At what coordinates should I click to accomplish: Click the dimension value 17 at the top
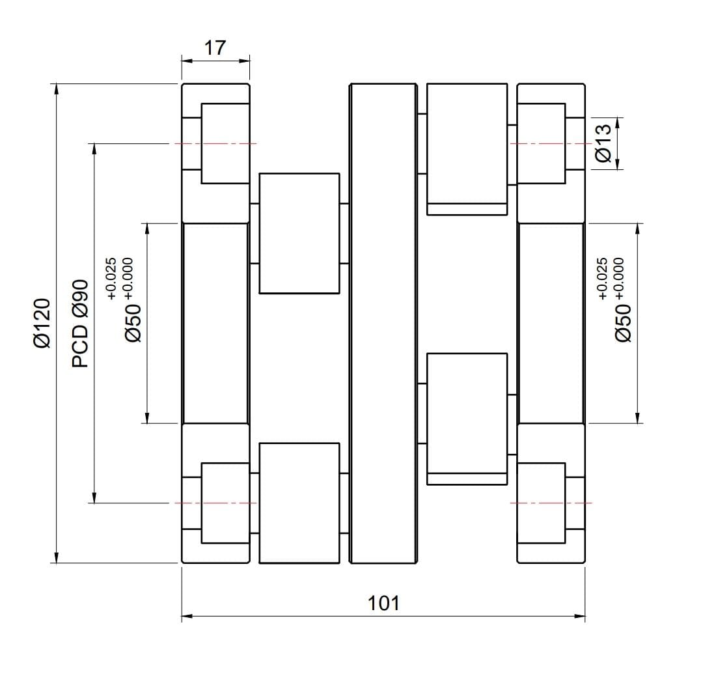(x=215, y=48)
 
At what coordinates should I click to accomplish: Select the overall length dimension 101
(x=383, y=604)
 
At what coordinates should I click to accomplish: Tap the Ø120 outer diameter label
(x=42, y=324)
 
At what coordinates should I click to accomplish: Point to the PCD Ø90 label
(x=80, y=324)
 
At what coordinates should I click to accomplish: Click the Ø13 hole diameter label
(x=603, y=143)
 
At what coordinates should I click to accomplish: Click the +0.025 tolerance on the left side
(x=111, y=279)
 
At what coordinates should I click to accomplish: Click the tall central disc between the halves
(x=383, y=323)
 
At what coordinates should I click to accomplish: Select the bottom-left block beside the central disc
(x=299, y=503)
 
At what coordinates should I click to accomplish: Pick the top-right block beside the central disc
(x=467, y=148)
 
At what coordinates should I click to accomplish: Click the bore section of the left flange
(x=215, y=323)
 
